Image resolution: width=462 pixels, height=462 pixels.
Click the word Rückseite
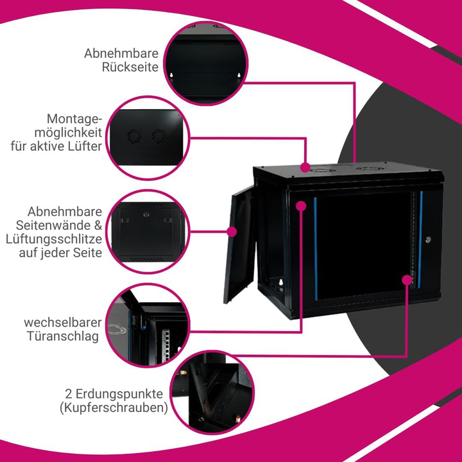pos(130,67)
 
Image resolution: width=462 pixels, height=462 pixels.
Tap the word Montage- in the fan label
pos(74,119)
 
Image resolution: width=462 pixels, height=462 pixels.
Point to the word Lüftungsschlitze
pos(54,239)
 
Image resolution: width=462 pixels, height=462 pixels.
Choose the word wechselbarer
pos(63,322)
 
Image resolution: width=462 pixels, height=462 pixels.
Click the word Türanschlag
pos(63,336)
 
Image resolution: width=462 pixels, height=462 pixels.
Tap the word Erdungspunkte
pos(119,394)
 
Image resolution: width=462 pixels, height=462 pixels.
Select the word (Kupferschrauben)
pos(114,408)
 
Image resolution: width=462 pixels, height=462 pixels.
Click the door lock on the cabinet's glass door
pos(429,239)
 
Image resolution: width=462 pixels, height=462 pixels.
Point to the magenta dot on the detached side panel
pos(232,232)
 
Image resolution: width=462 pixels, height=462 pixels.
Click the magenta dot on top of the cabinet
pos(305,167)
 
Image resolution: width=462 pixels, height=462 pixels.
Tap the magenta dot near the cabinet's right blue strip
pos(407,280)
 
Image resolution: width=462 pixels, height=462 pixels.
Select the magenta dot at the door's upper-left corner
pos(301,206)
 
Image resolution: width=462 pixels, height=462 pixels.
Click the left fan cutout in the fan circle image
pos(134,137)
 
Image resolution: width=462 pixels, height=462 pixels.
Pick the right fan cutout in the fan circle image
pos(158,136)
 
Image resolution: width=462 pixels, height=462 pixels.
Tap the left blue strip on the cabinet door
pos(315,249)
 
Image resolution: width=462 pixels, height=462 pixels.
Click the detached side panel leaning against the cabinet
pos(239,244)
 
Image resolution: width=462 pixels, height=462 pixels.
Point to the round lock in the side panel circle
pos(146,214)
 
